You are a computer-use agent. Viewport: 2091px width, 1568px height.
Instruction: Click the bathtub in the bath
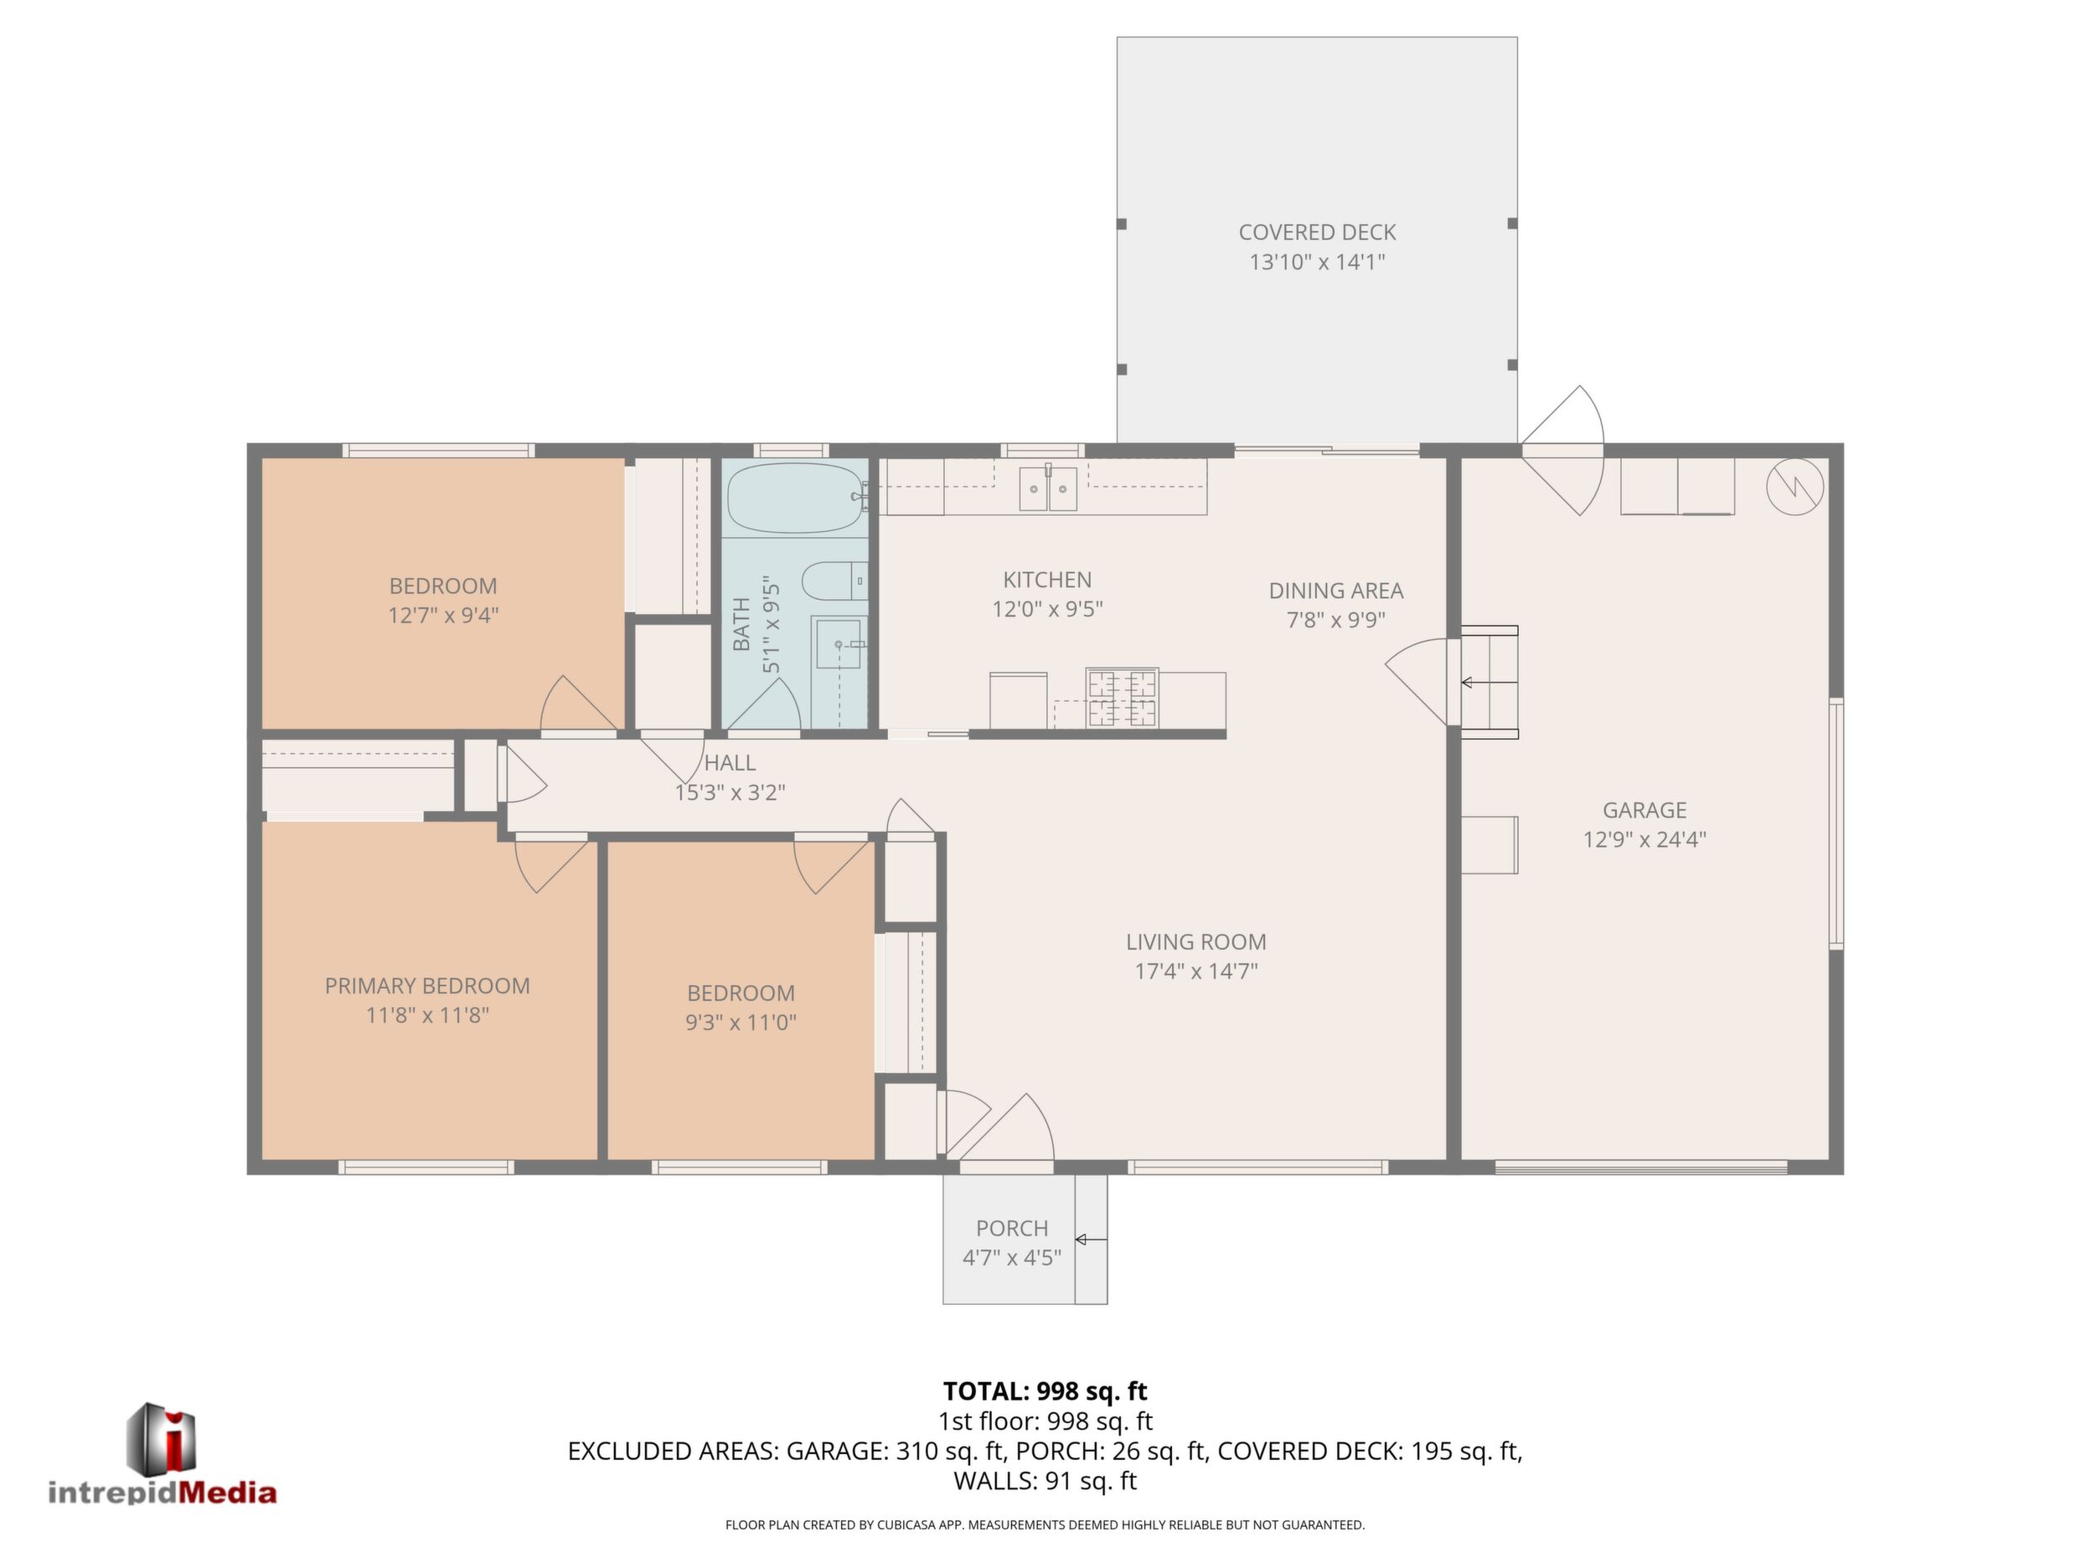(x=796, y=498)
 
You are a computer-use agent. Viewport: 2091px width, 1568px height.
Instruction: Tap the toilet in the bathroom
(x=834, y=580)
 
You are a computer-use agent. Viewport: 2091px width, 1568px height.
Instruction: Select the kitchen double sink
(x=1047, y=487)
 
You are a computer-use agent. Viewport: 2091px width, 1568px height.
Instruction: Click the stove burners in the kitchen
(x=1121, y=698)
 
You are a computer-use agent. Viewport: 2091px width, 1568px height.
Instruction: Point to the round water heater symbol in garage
(x=1795, y=487)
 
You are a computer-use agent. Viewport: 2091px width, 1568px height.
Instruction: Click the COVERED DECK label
(x=1317, y=233)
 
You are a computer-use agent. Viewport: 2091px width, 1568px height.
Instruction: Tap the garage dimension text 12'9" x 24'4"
(x=1644, y=839)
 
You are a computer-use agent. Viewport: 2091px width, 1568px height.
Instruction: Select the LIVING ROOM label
(x=1195, y=941)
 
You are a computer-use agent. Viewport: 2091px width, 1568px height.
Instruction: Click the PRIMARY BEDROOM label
(x=427, y=986)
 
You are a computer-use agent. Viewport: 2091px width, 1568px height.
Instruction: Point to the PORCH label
(x=1011, y=1228)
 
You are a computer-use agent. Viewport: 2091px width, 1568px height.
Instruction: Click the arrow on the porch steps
(x=1091, y=1239)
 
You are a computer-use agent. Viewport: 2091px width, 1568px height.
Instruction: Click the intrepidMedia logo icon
(x=162, y=1438)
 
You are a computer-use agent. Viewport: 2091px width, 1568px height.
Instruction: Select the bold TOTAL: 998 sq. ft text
(x=1045, y=1391)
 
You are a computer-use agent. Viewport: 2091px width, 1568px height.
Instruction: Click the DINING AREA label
(x=1335, y=591)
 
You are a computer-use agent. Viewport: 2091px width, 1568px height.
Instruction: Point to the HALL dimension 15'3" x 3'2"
(x=730, y=792)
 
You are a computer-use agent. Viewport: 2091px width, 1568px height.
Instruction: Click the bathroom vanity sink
(x=839, y=643)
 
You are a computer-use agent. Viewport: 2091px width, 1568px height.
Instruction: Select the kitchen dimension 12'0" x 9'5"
(x=1047, y=610)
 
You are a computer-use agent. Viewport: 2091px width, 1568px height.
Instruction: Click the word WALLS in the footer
(x=995, y=1481)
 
